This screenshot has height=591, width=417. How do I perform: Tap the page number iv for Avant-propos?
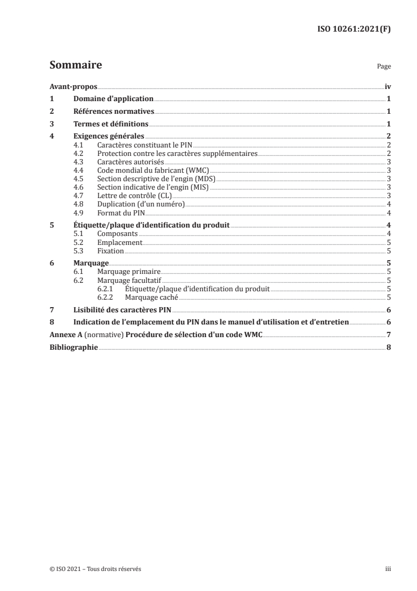pyautogui.click(x=387, y=86)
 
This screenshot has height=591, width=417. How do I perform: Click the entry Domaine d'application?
pyautogui.click(x=113, y=99)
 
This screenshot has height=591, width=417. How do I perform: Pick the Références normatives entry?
pyautogui.click(x=114, y=112)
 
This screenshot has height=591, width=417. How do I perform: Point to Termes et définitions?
pyautogui.click(x=111, y=124)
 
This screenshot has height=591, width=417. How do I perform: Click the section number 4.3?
pyautogui.click(x=79, y=162)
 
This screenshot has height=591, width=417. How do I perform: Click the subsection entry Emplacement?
pyautogui.click(x=120, y=242)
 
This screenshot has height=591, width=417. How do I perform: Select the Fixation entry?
pyautogui.click(x=111, y=251)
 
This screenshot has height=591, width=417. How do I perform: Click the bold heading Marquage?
pyautogui.click(x=91, y=263)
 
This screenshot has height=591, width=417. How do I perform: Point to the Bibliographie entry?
pyautogui.click(x=73, y=347)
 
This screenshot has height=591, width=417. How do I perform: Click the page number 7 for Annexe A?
pyautogui.click(x=388, y=334)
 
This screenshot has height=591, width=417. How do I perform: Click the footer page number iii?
pyautogui.click(x=388, y=569)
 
